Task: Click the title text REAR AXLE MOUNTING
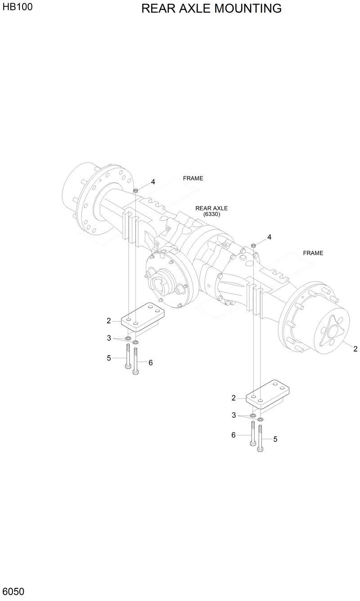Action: click(211, 9)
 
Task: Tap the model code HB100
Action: click(17, 7)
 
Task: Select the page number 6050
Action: click(13, 591)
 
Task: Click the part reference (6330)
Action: click(211, 214)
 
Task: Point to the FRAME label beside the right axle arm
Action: click(313, 253)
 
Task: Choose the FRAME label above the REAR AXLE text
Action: click(193, 178)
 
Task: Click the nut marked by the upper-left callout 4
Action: click(135, 191)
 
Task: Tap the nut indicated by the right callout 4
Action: click(253, 245)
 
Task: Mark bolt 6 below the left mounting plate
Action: click(136, 360)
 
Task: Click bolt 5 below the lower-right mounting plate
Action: click(260, 437)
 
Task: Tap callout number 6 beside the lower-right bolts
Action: click(234, 435)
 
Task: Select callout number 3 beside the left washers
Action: click(109, 338)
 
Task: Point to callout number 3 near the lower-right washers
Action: click(234, 415)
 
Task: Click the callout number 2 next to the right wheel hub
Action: click(355, 348)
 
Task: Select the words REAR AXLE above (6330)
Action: click(211, 208)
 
